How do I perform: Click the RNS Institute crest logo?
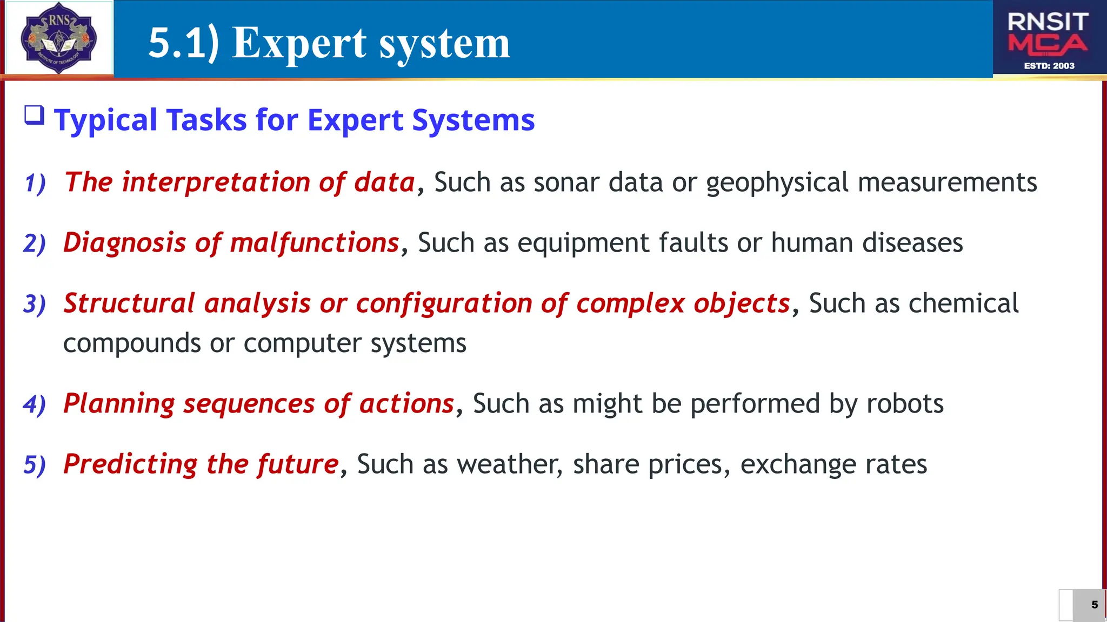(58, 38)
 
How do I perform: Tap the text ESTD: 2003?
(1049, 66)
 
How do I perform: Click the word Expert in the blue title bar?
(299, 43)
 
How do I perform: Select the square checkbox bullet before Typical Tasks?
(35, 116)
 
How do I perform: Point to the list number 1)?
(35, 183)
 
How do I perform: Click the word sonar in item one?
(566, 182)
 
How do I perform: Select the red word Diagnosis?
(125, 242)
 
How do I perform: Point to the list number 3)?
(35, 304)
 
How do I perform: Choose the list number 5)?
(35, 465)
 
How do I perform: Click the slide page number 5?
(1094, 605)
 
